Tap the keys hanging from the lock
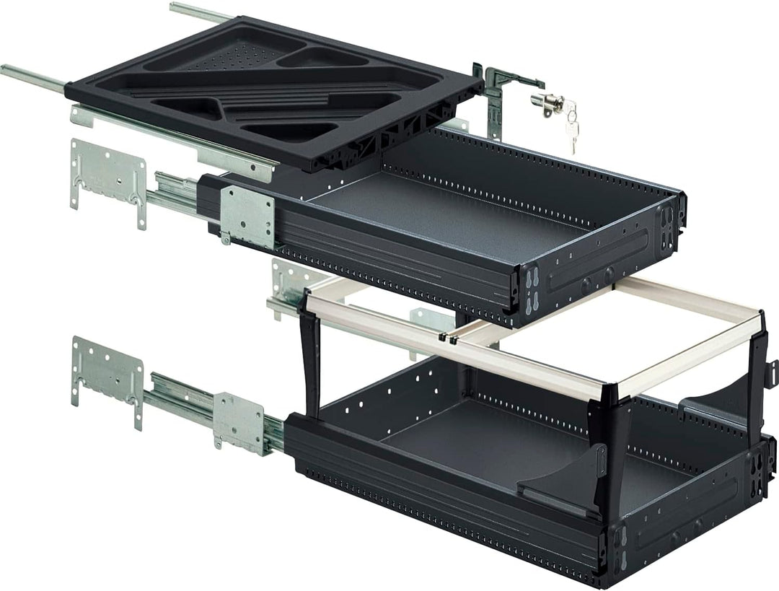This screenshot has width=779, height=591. click(570, 124)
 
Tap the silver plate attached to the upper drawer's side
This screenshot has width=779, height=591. click(248, 215)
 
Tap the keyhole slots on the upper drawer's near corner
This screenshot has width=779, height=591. click(532, 289)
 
